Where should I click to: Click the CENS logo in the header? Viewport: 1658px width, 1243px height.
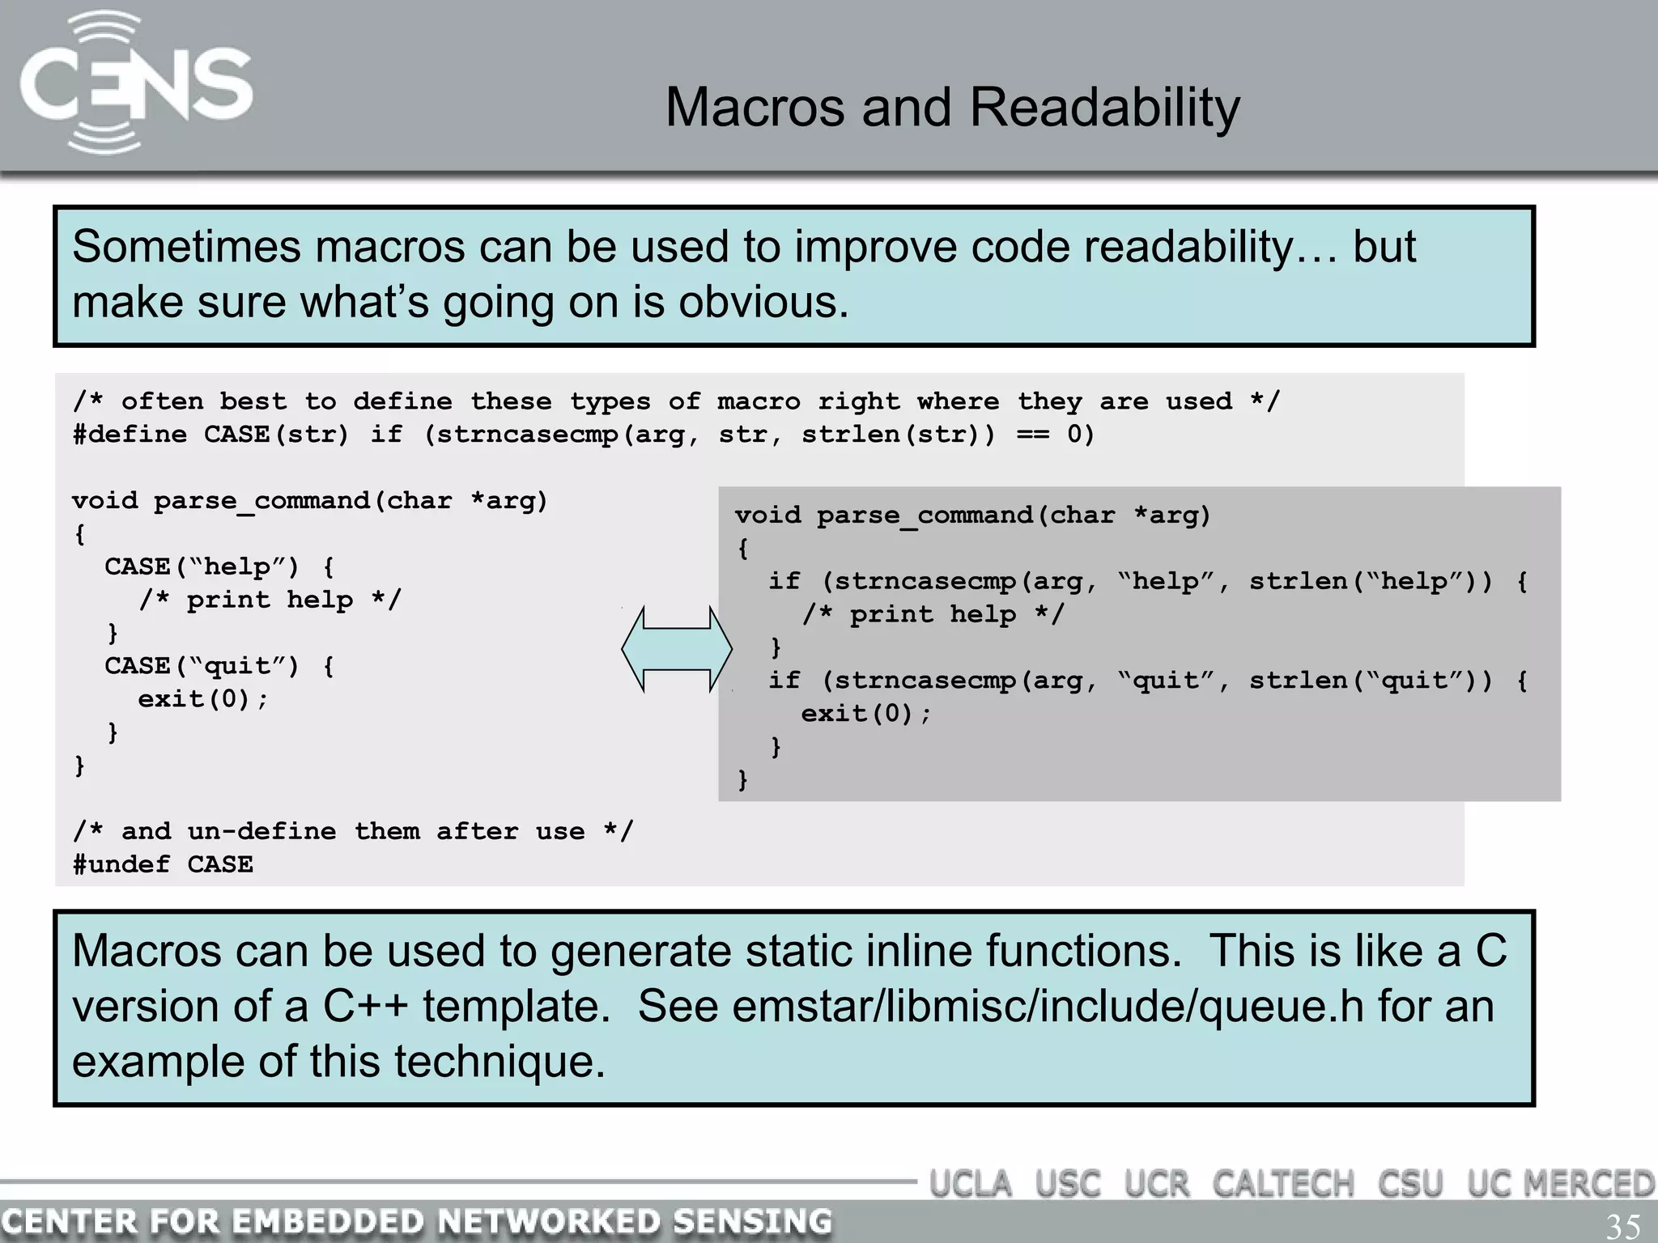coord(135,83)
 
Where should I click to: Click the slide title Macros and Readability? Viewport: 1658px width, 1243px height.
coord(952,107)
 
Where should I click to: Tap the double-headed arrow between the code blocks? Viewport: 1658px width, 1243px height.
coord(677,649)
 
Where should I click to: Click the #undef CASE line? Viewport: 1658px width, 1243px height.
coord(163,864)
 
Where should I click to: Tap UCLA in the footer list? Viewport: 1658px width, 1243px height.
coord(971,1184)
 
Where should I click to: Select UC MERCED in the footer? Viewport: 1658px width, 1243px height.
coord(1560,1184)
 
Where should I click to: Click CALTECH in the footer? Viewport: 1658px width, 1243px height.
coord(1282,1184)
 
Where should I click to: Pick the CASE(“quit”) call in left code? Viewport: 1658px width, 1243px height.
coord(202,666)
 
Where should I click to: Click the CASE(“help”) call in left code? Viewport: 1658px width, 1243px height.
coord(202,566)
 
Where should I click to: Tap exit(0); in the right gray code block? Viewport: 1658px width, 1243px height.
coord(865,714)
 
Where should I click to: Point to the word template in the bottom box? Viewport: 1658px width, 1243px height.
coord(516,1006)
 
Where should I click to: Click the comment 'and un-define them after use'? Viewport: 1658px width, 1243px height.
coord(353,831)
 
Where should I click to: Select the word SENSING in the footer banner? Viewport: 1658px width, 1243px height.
coord(752,1221)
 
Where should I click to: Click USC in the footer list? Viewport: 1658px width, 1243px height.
coord(1068,1184)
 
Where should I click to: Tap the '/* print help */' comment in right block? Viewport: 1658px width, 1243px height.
coord(933,614)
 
